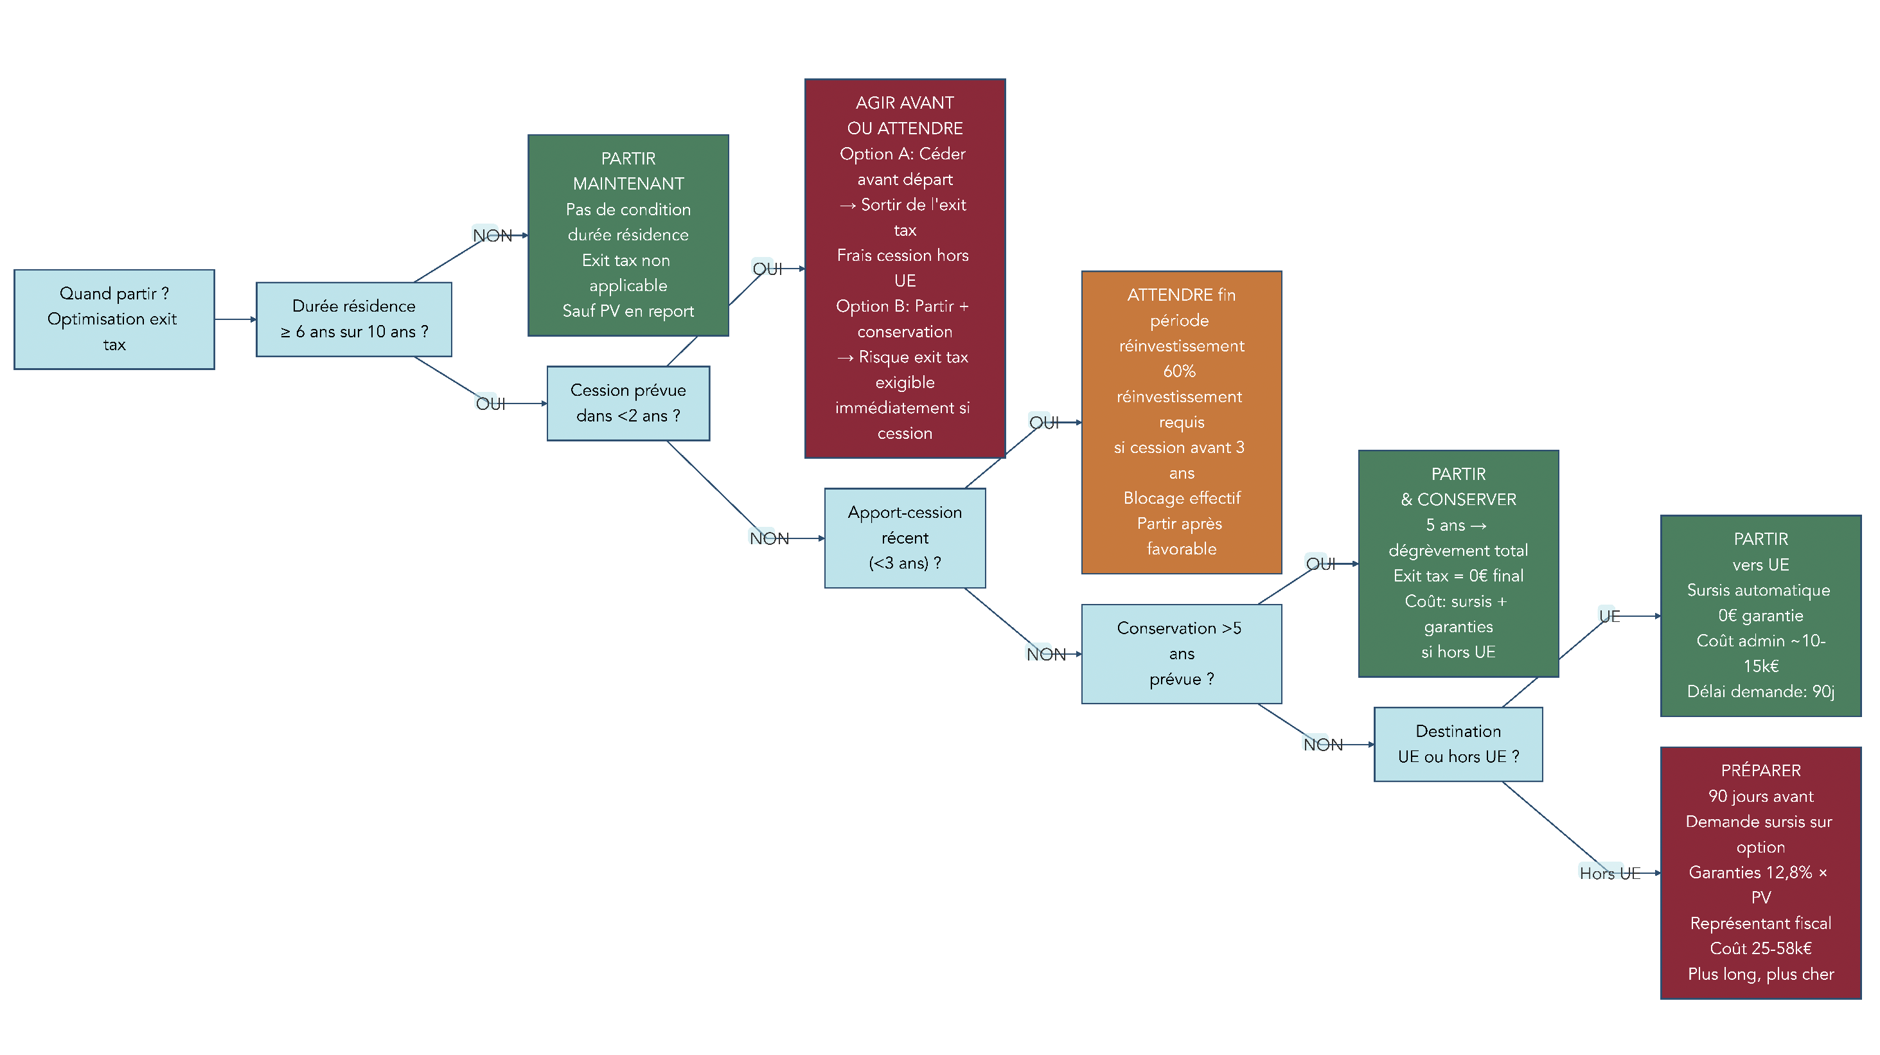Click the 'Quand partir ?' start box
click(114, 319)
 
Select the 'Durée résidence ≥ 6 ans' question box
click(354, 319)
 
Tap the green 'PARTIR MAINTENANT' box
click(628, 235)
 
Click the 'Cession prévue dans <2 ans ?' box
click(628, 403)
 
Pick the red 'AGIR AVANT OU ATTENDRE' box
click(904, 268)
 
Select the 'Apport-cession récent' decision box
click(904, 538)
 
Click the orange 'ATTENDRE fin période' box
click(1181, 421)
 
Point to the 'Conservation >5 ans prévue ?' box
click(1181, 653)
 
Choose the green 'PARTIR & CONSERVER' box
click(1457, 563)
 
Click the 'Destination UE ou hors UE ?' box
click(1457, 743)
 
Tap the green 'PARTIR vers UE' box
click(1760, 615)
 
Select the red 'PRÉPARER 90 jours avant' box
click(1760, 872)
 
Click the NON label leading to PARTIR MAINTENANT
click(492, 236)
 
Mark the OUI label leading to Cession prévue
click(490, 403)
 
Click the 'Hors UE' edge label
click(1610, 873)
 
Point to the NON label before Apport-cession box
click(768, 538)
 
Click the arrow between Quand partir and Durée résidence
click(235, 319)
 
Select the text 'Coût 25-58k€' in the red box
click(1760, 948)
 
